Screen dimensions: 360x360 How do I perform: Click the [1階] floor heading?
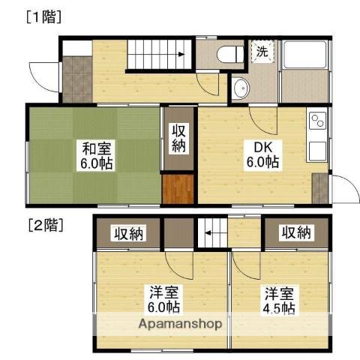(x=43, y=17)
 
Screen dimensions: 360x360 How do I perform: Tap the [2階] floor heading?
(x=46, y=225)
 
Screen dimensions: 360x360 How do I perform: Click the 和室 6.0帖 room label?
(x=96, y=155)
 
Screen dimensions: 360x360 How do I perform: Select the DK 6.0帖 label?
(x=263, y=155)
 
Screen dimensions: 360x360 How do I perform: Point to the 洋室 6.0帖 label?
(x=164, y=299)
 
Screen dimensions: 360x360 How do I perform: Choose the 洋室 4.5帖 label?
(x=279, y=301)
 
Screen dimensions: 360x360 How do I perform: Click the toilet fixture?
(x=230, y=54)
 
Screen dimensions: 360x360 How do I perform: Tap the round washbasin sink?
(x=241, y=88)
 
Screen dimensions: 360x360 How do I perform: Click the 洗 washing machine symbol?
(x=262, y=52)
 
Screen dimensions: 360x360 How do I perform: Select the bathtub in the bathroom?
(x=305, y=55)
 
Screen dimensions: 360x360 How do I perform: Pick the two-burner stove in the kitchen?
(x=318, y=121)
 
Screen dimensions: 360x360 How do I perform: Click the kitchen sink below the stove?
(x=318, y=151)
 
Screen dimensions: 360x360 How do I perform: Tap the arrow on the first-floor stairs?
(x=181, y=54)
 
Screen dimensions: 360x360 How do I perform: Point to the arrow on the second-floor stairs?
(x=209, y=233)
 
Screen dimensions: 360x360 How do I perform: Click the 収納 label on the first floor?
(x=178, y=138)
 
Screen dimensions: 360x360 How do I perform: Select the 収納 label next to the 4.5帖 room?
(x=296, y=232)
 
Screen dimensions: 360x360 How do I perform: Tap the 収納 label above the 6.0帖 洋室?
(x=129, y=233)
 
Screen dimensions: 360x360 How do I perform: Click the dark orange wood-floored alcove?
(x=178, y=189)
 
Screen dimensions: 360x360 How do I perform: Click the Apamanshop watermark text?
(x=180, y=324)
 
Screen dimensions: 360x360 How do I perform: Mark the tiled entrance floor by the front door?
(x=77, y=79)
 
